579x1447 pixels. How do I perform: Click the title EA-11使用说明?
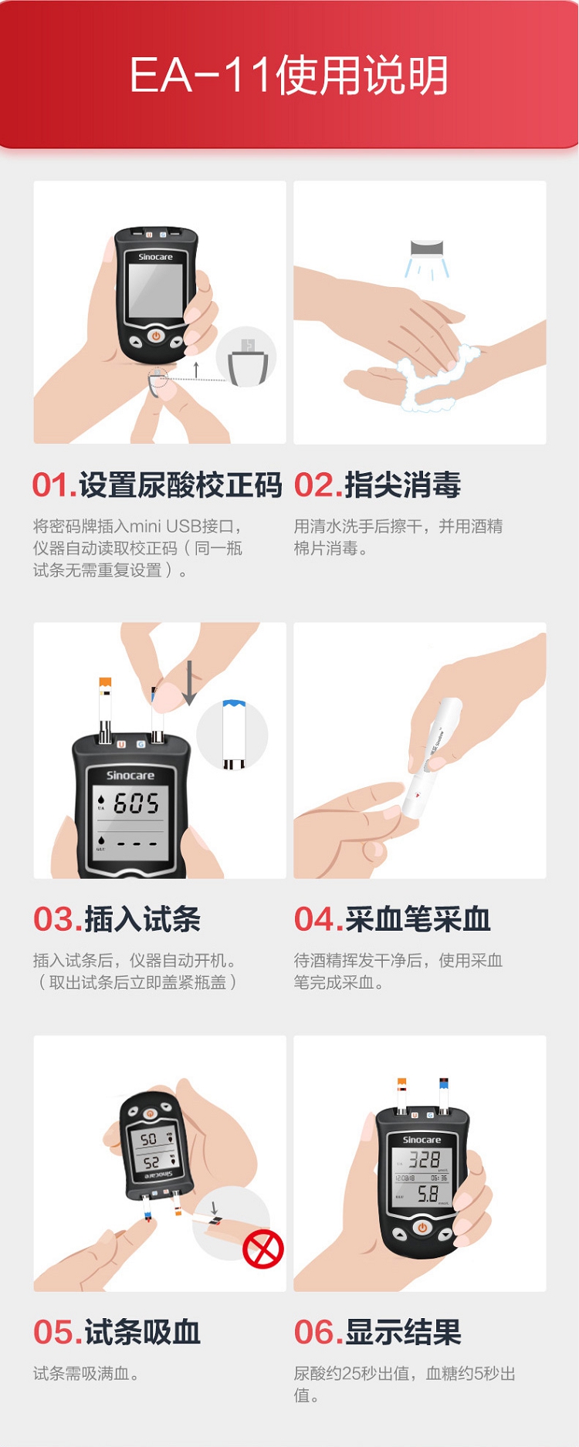click(x=289, y=75)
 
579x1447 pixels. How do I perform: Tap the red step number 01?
click(x=54, y=485)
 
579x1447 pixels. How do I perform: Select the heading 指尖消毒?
click(x=402, y=485)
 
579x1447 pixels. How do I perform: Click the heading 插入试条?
click(x=142, y=919)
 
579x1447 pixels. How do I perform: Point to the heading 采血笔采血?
click(x=418, y=919)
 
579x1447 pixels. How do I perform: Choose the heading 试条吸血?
click(x=142, y=1332)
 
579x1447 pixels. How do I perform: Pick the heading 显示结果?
click(x=402, y=1332)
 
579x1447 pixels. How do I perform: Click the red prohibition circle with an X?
click(x=263, y=1249)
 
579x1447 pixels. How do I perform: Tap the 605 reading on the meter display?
click(x=137, y=803)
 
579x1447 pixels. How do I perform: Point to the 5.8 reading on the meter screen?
click(x=428, y=1194)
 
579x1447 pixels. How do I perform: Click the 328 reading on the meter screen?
click(x=425, y=1159)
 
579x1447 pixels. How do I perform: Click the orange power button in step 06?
click(x=422, y=1227)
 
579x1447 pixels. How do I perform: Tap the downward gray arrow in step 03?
click(x=189, y=684)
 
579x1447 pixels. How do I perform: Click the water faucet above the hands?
click(x=427, y=248)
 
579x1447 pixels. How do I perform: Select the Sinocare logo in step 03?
click(x=130, y=775)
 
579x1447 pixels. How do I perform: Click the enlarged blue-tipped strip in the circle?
click(x=234, y=734)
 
